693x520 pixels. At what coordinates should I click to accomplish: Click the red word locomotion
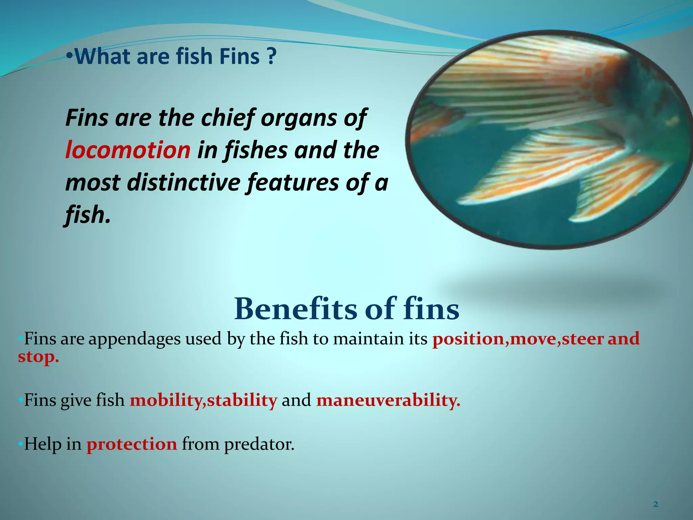coord(128,150)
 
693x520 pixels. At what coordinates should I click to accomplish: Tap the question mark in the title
coord(271,57)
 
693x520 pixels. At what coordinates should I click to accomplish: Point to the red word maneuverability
coord(388,400)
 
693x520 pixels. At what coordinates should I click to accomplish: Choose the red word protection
coord(132,444)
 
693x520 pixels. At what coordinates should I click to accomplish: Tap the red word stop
coord(38,356)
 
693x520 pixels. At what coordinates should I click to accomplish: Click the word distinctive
coord(184,183)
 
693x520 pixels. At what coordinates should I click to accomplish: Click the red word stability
coord(242,400)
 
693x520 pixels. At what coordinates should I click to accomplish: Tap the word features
coord(293,183)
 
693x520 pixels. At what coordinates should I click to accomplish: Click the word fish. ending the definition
coord(88,215)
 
